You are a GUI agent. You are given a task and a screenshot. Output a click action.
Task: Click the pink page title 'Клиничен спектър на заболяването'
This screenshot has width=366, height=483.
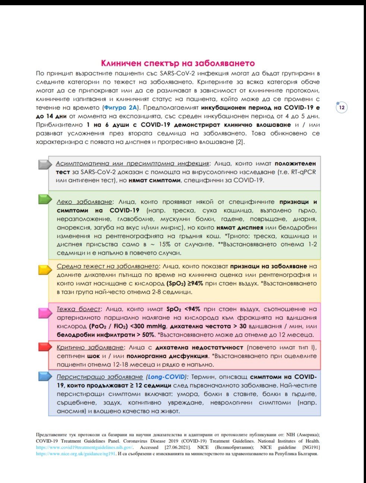178,63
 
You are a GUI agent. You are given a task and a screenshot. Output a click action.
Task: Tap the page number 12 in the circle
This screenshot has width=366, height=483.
341,108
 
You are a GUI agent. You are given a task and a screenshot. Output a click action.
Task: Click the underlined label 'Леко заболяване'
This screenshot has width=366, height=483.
84,202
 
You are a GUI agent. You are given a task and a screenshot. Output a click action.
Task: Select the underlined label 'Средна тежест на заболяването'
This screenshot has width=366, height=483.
108,266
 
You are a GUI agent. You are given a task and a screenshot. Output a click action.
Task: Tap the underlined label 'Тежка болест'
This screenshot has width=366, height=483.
78,309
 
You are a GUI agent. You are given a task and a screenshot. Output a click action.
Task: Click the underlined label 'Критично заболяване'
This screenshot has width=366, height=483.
90,347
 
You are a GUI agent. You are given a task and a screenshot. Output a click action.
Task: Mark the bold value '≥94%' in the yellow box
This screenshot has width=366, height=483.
195,283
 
